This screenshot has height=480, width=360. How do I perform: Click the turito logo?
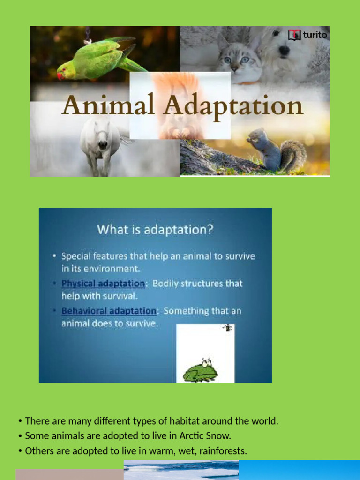click(x=307, y=35)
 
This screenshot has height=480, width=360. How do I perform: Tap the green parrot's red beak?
click(x=60, y=75)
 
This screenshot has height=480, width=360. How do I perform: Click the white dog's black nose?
click(x=285, y=49)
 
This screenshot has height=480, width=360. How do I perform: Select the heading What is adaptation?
click(x=155, y=230)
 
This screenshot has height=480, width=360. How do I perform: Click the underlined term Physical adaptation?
click(x=103, y=284)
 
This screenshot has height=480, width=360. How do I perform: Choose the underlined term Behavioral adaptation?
click(x=108, y=311)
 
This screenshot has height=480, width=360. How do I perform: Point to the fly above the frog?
click(x=228, y=328)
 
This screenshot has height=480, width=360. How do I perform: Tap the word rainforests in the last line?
click(x=223, y=451)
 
